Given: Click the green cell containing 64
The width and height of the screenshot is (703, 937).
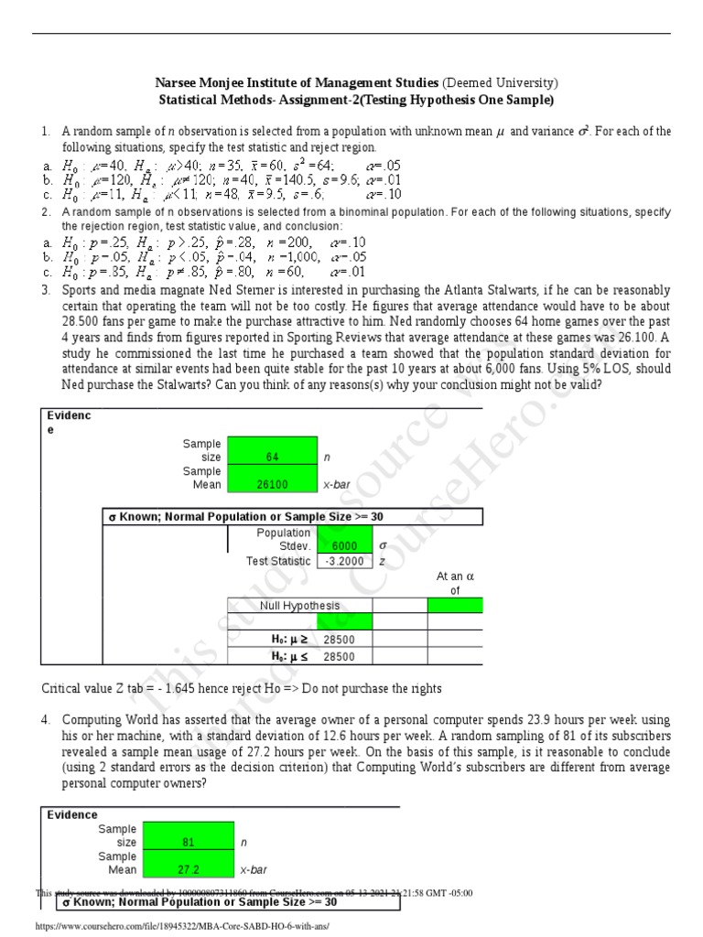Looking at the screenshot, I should coord(272,456).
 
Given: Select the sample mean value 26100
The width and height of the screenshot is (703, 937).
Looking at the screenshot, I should coord(272,484).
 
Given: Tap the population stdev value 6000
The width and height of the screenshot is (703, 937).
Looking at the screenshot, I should coord(344,546).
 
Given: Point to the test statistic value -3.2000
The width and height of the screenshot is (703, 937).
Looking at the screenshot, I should coord(344,561).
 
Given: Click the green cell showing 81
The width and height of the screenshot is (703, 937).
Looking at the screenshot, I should coord(189,842).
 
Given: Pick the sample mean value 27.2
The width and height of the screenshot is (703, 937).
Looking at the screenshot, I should coord(189,870).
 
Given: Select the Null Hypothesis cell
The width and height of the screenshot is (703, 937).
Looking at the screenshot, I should coord(299,605).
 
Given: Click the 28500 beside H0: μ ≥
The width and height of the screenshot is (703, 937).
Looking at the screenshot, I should coord(339,641).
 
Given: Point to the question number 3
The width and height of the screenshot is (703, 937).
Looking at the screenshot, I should coord(46,290).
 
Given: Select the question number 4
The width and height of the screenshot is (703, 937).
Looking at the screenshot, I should coord(46,721).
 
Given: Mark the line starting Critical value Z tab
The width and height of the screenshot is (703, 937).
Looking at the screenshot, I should coord(242,687).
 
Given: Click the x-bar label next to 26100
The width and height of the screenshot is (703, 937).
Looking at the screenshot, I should coord(337,484).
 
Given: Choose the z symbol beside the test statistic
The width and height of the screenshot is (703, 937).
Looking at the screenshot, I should coord(382,561).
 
